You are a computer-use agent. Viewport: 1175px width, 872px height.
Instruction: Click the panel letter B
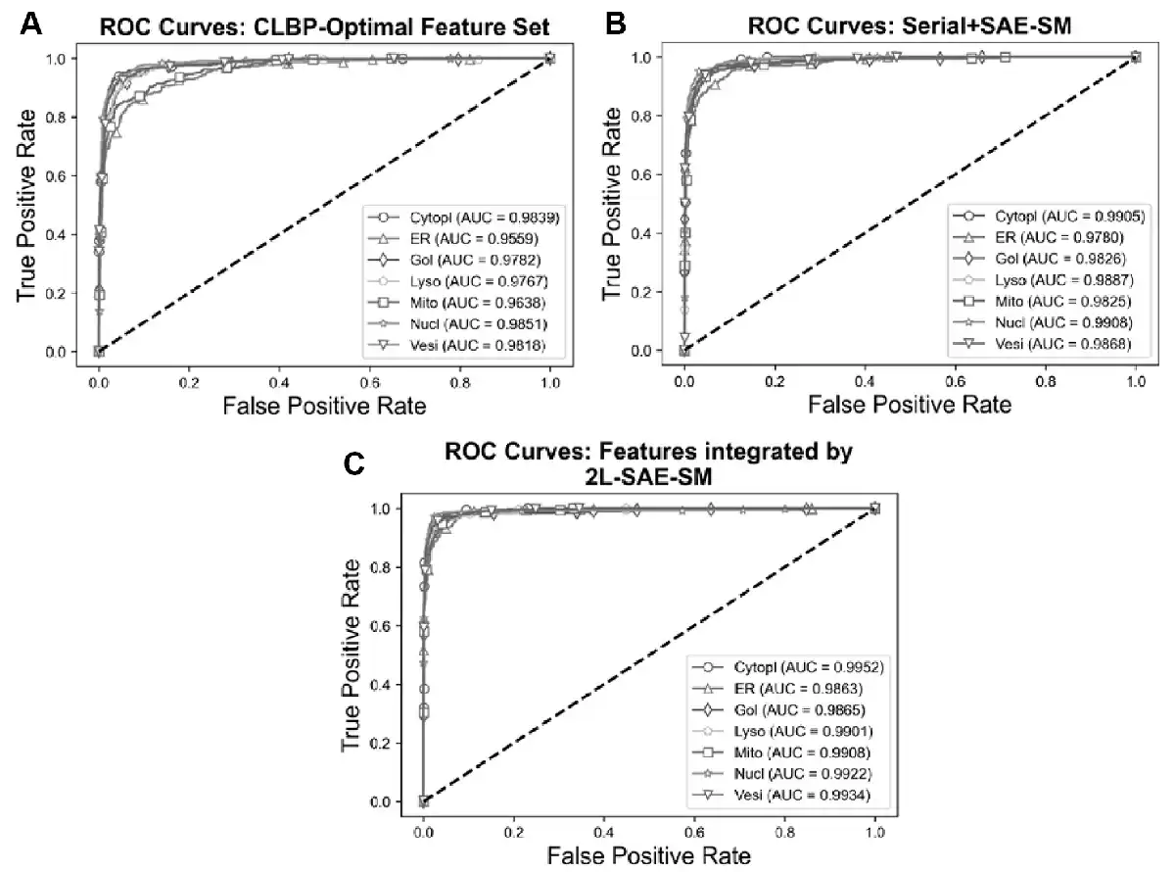616,23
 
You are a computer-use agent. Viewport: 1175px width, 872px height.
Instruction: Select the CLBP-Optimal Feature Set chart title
326,25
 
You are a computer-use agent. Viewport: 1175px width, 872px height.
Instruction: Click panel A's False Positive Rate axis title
323,405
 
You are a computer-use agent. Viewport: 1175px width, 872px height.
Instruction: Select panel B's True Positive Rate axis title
613,206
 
